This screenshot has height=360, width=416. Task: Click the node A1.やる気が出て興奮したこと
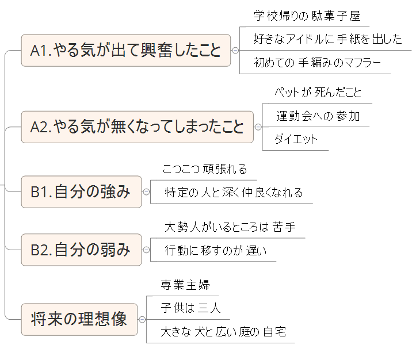click(x=125, y=51)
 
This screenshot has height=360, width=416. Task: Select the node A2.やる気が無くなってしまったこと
click(x=137, y=127)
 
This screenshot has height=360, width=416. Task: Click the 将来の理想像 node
click(x=79, y=319)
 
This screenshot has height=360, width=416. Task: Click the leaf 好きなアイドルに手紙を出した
click(x=327, y=39)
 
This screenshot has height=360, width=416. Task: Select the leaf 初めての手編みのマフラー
click(x=317, y=63)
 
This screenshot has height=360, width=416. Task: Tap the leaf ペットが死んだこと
click(x=317, y=93)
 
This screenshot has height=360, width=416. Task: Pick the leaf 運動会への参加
click(x=318, y=116)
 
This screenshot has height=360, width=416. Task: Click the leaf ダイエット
click(x=296, y=139)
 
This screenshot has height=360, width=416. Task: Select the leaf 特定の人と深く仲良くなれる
click(x=234, y=193)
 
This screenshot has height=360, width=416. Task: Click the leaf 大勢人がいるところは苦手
click(x=230, y=227)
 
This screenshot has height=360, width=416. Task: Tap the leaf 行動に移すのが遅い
click(x=216, y=251)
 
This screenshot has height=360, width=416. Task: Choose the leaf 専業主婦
click(x=185, y=285)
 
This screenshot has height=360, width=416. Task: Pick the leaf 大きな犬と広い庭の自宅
click(x=223, y=332)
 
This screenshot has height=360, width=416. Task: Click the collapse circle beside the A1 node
click(x=235, y=51)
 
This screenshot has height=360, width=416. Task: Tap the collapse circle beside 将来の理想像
click(x=142, y=319)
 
